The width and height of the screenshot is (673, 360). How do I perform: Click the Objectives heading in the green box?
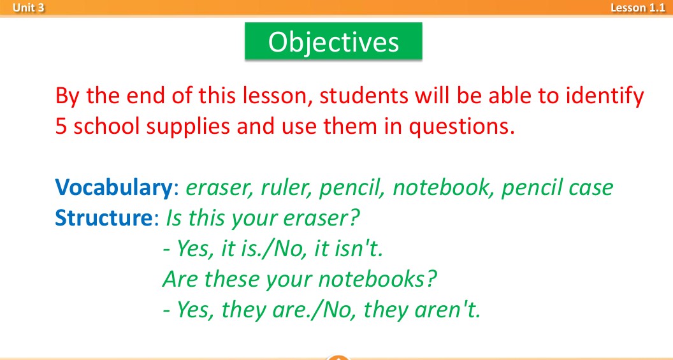[x=333, y=41]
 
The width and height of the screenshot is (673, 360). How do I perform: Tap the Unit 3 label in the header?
[x=28, y=7]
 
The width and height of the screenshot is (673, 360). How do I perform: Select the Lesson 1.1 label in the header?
[x=638, y=7]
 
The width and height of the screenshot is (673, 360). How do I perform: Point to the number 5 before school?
[x=61, y=126]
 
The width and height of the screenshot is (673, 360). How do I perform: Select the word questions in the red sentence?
[x=461, y=127]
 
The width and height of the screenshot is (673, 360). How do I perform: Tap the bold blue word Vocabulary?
[x=113, y=187]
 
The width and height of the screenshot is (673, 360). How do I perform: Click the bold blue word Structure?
[x=103, y=218]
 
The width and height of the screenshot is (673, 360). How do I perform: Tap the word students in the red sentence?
[x=364, y=96]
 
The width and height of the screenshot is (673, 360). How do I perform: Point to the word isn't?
[x=348, y=249]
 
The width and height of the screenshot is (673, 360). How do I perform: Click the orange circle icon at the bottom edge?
[x=338, y=357]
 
